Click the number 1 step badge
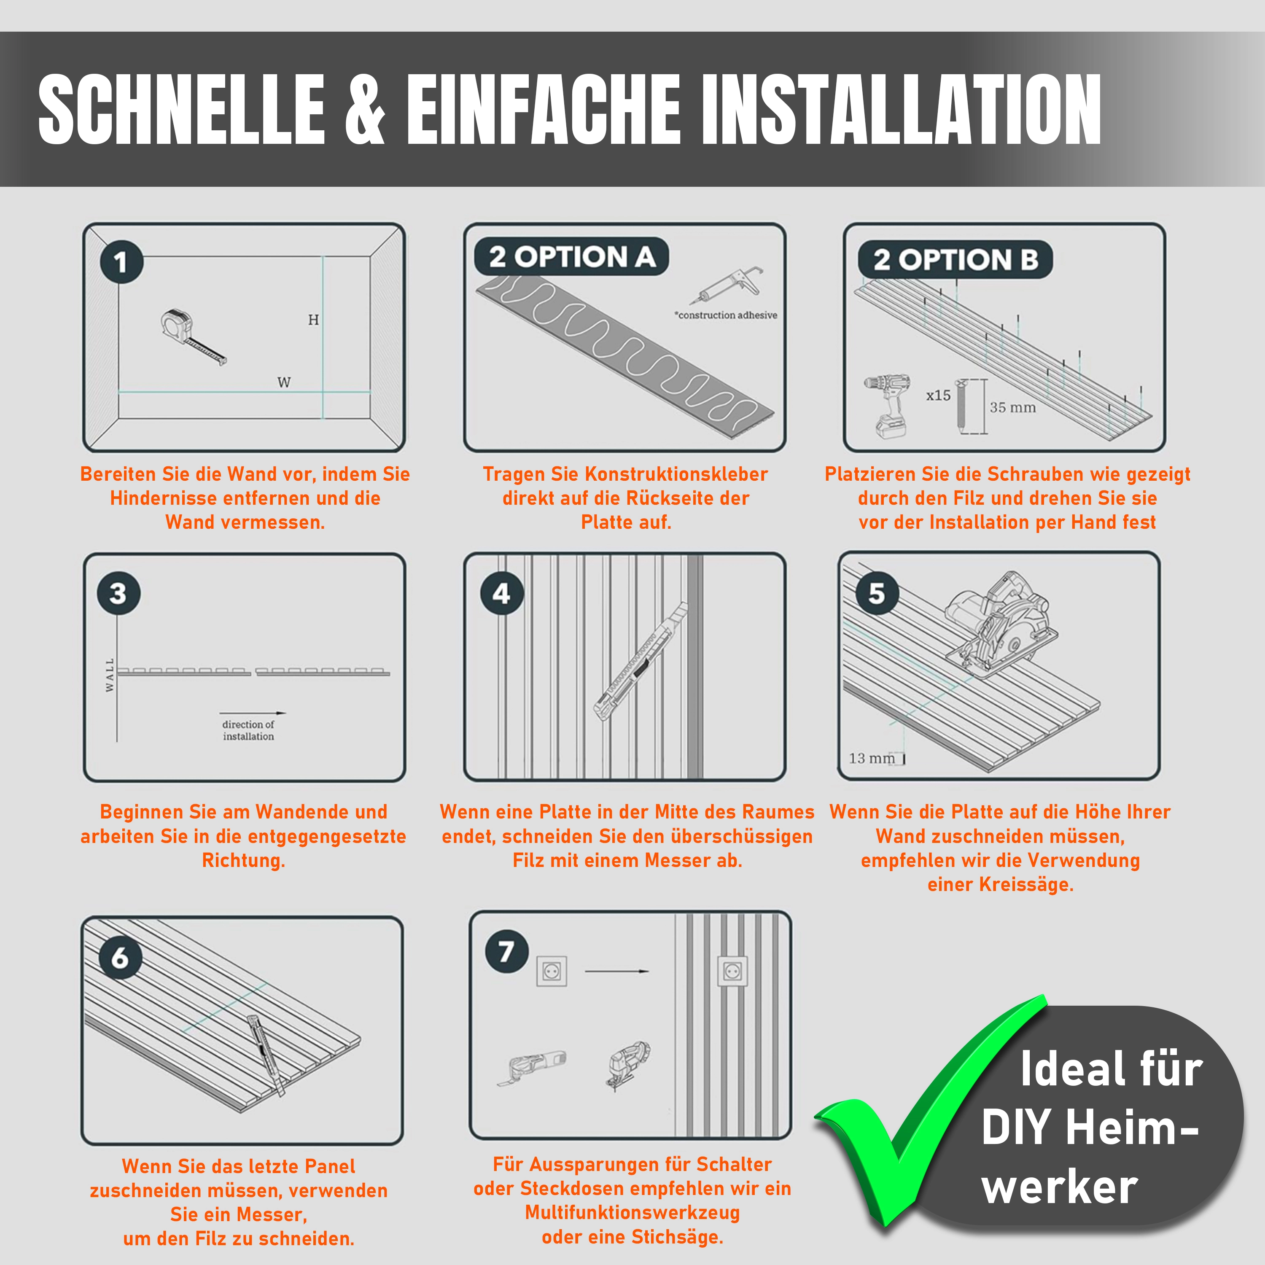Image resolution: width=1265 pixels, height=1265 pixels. tap(121, 262)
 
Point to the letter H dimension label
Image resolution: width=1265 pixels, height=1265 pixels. tap(314, 320)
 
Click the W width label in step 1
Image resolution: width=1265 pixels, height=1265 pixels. tap(283, 382)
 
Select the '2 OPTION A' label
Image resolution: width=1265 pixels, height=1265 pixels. tap(572, 257)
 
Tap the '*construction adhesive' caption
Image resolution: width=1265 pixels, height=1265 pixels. tap(726, 315)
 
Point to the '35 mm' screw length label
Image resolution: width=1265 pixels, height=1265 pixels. tap(1012, 407)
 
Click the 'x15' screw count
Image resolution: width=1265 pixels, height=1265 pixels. tap(938, 396)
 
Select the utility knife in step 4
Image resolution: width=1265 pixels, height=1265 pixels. tap(641, 661)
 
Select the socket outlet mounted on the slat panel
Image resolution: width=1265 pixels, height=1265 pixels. tap(732, 972)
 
